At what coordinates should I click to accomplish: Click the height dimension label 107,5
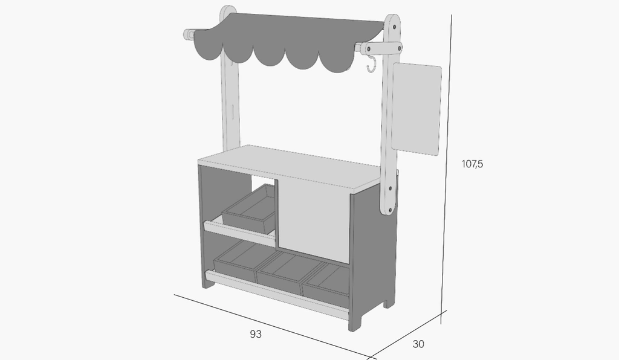pyautogui.click(x=472, y=164)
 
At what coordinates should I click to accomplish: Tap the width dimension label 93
pyautogui.click(x=256, y=335)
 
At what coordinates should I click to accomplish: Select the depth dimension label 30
pyautogui.click(x=418, y=344)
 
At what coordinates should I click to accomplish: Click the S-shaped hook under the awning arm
pyautogui.click(x=371, y=64)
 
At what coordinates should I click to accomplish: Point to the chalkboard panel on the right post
pyautogui.click(x=416, y=109)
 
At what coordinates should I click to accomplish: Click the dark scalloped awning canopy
pyautogui.click(x=288, y=42)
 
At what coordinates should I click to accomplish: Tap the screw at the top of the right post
pyautogui.click(x=395, y=27)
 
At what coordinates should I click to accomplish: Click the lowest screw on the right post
pyautogui.click(x=389, y=210)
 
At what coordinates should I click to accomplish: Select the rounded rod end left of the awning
pyautogui.click(x=188, y=34)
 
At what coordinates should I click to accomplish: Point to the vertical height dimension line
pyautogui.click(x=447, y=170)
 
